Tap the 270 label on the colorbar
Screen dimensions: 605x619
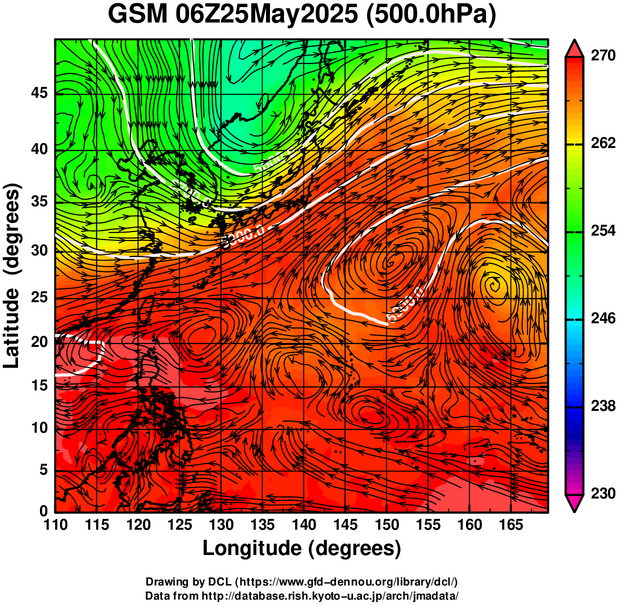coord(598,57)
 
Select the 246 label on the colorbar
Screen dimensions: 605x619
coord(598,319)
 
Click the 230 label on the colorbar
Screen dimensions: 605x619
coord(598,494)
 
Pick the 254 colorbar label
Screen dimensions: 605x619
coord(598,232)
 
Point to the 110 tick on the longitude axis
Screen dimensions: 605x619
coord(55,524)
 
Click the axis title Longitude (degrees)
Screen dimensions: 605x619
coord(301,548)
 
